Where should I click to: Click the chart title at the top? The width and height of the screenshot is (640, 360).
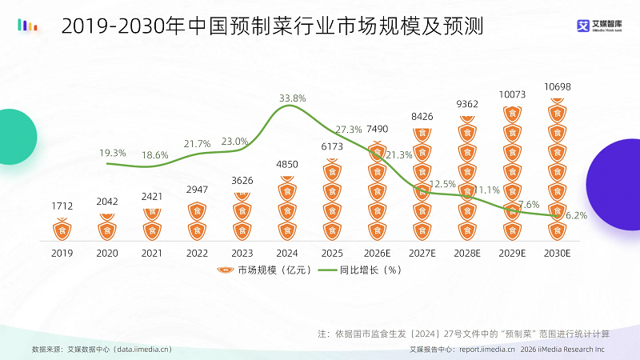(272, 28)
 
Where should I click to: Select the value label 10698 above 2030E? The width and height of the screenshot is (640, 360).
(557, 86)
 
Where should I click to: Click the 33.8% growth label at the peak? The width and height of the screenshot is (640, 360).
(292, 98)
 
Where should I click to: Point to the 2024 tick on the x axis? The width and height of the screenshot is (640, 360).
(287, 252)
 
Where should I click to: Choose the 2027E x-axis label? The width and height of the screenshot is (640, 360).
(422, 252)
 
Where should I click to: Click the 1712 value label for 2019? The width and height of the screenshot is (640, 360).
(62, 206)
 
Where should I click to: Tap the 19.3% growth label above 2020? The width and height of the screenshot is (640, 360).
(113, 152)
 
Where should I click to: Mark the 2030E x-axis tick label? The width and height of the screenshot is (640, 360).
(557, 252)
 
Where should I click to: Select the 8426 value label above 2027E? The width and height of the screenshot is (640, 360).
(422, 117)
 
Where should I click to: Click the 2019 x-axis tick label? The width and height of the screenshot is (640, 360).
(62, 252)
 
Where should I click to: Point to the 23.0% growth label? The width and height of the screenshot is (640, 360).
(234, 141)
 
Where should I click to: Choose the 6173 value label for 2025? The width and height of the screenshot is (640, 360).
(332, 147)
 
